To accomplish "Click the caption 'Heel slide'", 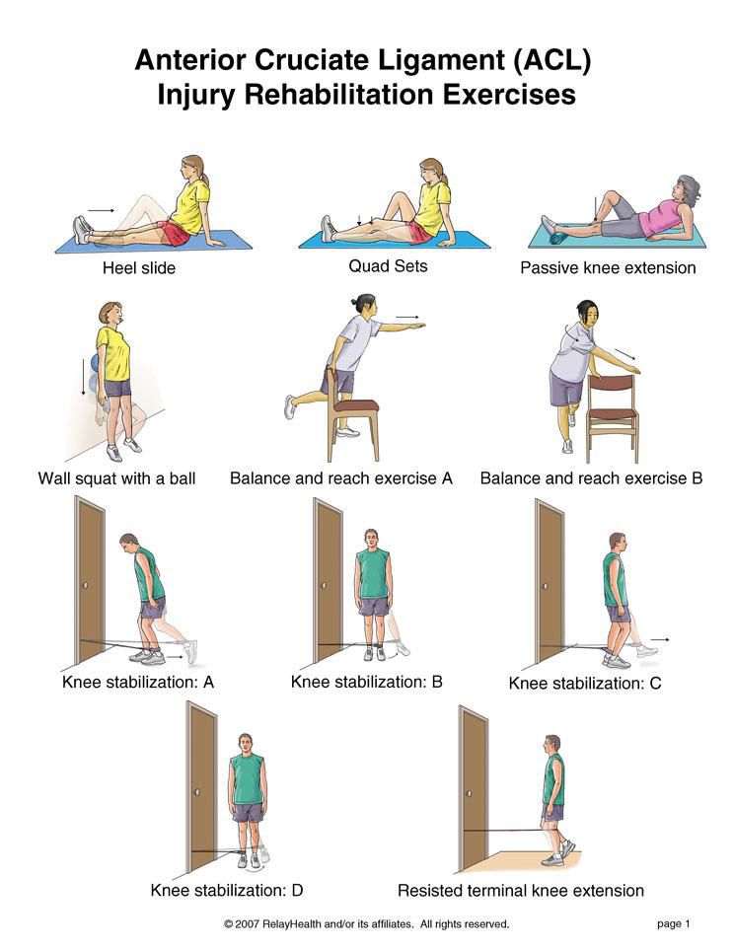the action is click(x=139, y=267).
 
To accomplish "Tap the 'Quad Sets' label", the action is click(x=388, y=266).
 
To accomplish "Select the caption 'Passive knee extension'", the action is click(x=608, y=267).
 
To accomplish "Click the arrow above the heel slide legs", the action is click(x=101, y=211).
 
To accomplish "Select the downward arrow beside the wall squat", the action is click(x=84, y=376).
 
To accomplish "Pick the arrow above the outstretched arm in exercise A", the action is click(x=407, y=317).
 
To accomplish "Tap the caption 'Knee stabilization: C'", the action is click(x=585, y=684).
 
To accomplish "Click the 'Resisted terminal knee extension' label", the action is click(x=521, y=891).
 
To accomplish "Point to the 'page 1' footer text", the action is click(x=674, y=924).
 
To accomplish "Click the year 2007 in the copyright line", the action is click(x=248, y=924).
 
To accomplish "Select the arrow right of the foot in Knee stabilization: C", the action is click(x=660, y=639).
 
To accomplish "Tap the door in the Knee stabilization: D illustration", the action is click(x=202, y=786).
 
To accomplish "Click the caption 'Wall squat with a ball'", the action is click(x=116, y=478).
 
